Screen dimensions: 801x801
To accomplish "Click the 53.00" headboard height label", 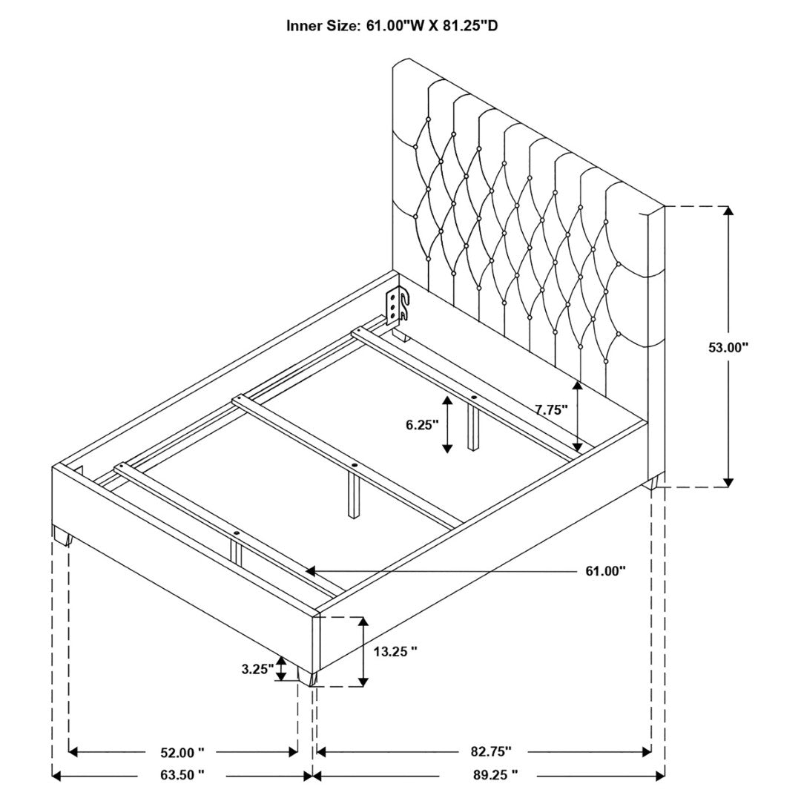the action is click(728, 347).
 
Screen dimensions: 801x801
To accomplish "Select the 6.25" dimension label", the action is click(423, 424).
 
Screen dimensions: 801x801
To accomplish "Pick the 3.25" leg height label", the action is click(258, 669).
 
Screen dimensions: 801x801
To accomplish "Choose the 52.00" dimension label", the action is click(182, 753).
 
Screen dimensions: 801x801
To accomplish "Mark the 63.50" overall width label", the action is click(182, 789).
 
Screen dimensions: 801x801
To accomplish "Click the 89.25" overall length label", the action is click(495, 789).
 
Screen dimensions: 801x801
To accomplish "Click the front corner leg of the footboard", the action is click(308, 676).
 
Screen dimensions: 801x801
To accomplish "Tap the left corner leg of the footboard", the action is click(62, 536).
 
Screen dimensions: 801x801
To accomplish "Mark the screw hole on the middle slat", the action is click(355, 465).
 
